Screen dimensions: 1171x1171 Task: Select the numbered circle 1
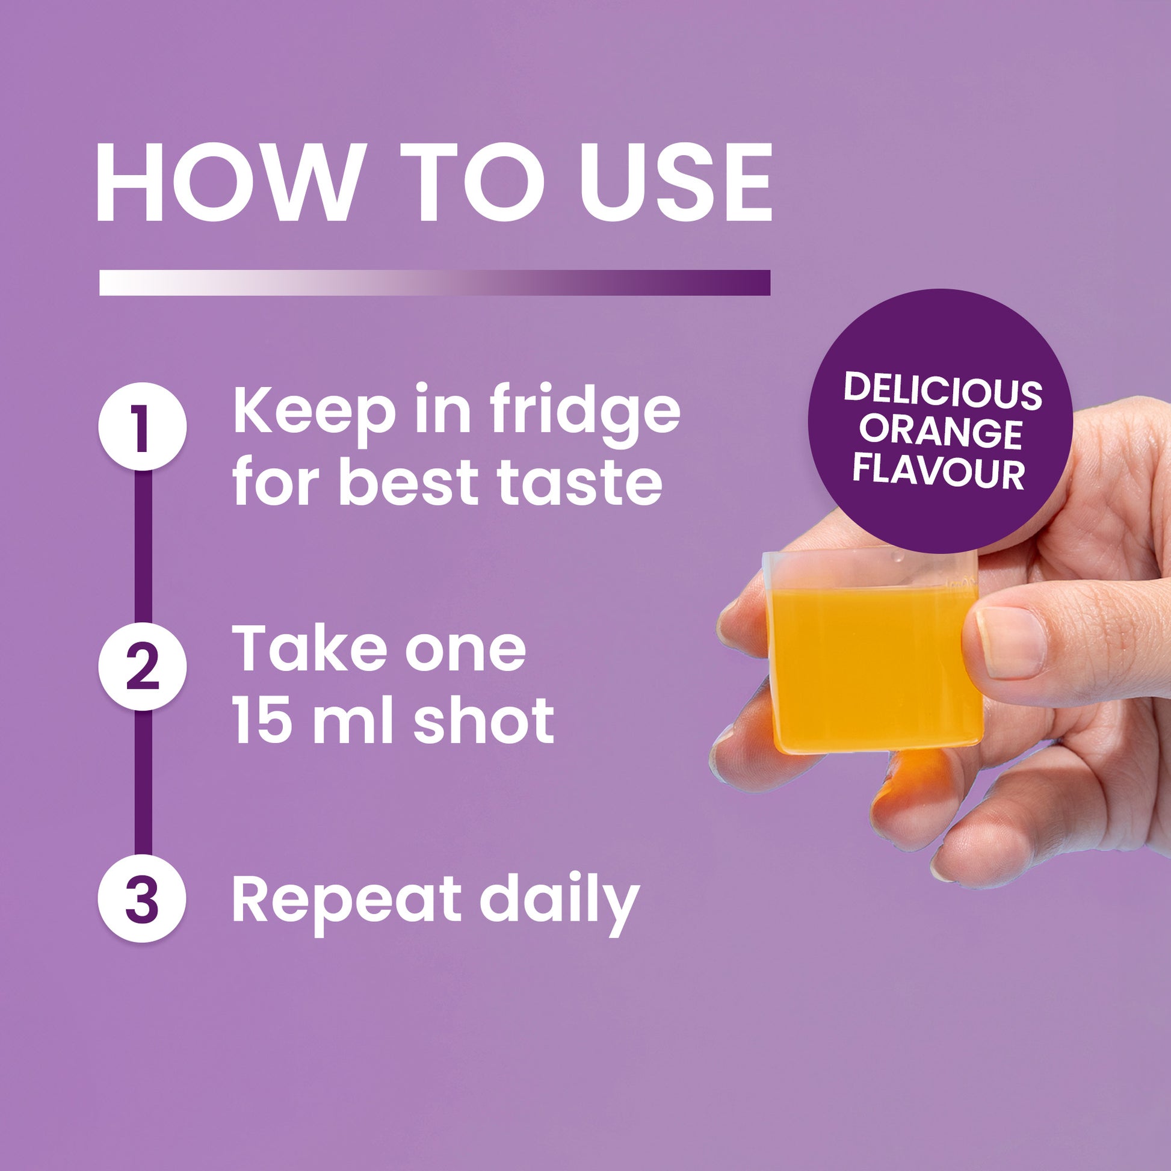(x=142, y=426)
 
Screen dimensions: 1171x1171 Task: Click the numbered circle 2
(x=142, y=667)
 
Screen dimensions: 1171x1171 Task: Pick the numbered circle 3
(x=142, y=898)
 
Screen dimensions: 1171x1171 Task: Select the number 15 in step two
(x=264, y=719)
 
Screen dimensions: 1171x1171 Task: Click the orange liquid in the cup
(x=873, y=667)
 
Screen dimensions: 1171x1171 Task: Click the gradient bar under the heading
(x=434, y=282)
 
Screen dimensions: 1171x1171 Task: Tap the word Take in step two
(x=309, y=649)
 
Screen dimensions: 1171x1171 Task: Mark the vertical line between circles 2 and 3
(x=143, y=782)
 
